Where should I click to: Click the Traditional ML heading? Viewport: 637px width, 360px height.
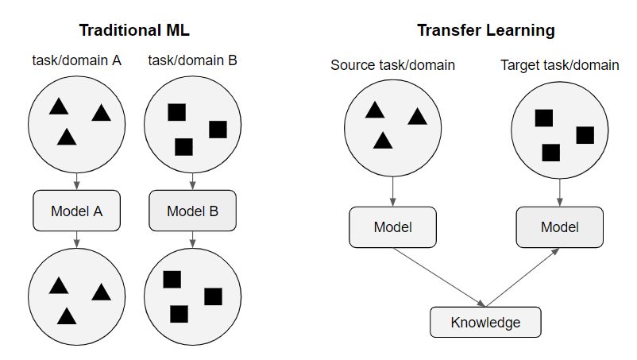click(134, 30)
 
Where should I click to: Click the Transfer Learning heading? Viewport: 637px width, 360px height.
click(486, 30)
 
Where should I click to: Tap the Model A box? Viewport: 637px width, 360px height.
click(77, 211)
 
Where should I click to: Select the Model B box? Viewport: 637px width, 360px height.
click(192, 211)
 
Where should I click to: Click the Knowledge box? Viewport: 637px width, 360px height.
click(485, 322)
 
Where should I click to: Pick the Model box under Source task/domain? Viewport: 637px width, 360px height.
click(393, 227)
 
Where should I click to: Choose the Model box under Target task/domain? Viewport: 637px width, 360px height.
click(560, 227)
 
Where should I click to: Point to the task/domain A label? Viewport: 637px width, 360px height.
click(77, 60)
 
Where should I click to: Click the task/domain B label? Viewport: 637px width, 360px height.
click(192, 60)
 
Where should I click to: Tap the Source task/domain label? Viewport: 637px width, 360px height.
click(392, 65)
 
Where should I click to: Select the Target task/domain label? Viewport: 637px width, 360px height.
click(560, 65)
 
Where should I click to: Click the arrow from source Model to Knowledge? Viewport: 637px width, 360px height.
click(439, 277)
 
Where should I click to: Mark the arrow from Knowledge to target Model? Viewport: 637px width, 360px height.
click(523, 277)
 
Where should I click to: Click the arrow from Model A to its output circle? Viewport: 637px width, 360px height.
click(77, 239)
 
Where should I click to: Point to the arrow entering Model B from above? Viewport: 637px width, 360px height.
click(192, 181)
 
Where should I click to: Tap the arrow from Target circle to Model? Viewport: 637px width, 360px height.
click(560, 192)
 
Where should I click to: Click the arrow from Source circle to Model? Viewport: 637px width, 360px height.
click(393, 192)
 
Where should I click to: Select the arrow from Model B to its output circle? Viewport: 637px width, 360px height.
click(192, 239)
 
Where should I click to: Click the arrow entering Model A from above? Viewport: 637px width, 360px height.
click(77, 181)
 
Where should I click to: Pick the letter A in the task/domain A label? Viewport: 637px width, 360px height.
click(117, 60)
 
